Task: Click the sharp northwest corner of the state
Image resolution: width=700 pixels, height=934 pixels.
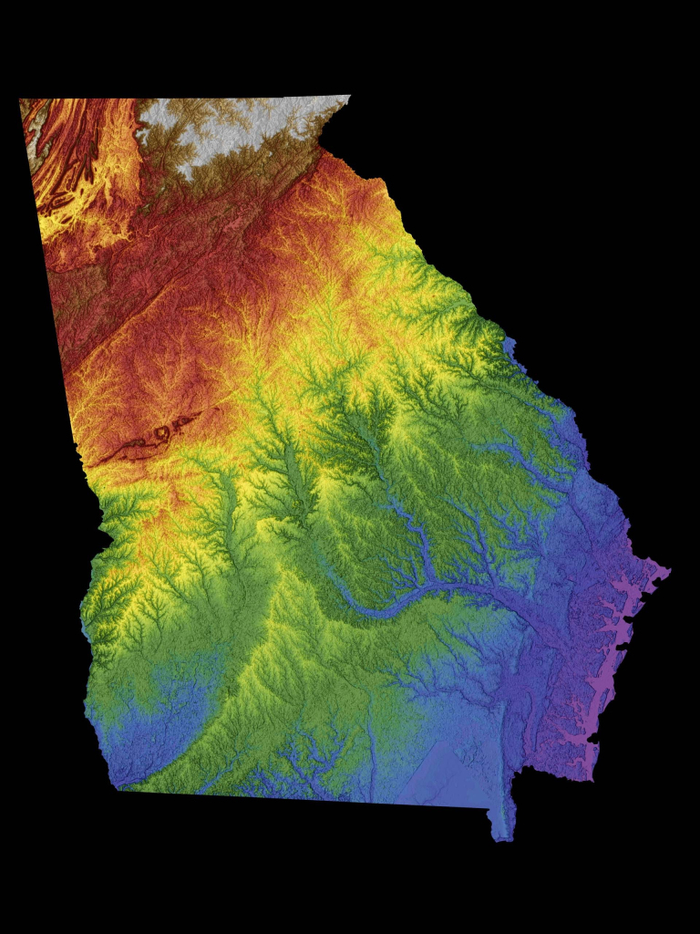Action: coord(20,99)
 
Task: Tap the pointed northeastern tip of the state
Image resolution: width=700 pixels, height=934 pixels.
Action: coord(349,96)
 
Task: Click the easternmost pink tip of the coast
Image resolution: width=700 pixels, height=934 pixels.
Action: coord(669,572)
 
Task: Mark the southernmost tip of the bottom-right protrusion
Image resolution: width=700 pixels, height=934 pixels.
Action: coord(500,838)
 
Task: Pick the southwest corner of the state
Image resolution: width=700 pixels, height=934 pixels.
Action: coord(118,788)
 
